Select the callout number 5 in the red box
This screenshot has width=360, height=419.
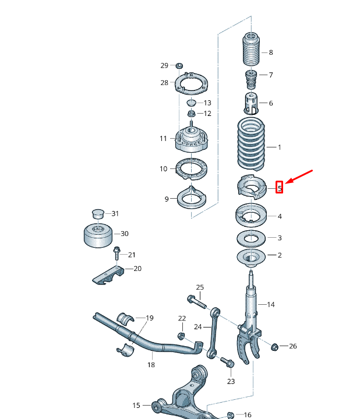click(280, 188)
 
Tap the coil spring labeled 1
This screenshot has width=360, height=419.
click(251, 143)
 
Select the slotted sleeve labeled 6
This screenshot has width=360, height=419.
click(250, 103)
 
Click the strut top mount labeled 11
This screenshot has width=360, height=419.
click(191, 140)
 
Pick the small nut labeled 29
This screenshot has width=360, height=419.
click(179, 65)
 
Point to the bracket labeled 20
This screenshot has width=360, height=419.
click(109, 274)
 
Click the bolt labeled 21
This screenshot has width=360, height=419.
click(117, 254)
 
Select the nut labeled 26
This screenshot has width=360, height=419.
click(275, 346)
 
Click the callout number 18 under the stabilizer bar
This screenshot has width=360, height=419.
click(151, 365)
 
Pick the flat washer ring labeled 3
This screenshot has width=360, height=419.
click(250, 238)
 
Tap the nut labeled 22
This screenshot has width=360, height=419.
click(181, 336)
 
